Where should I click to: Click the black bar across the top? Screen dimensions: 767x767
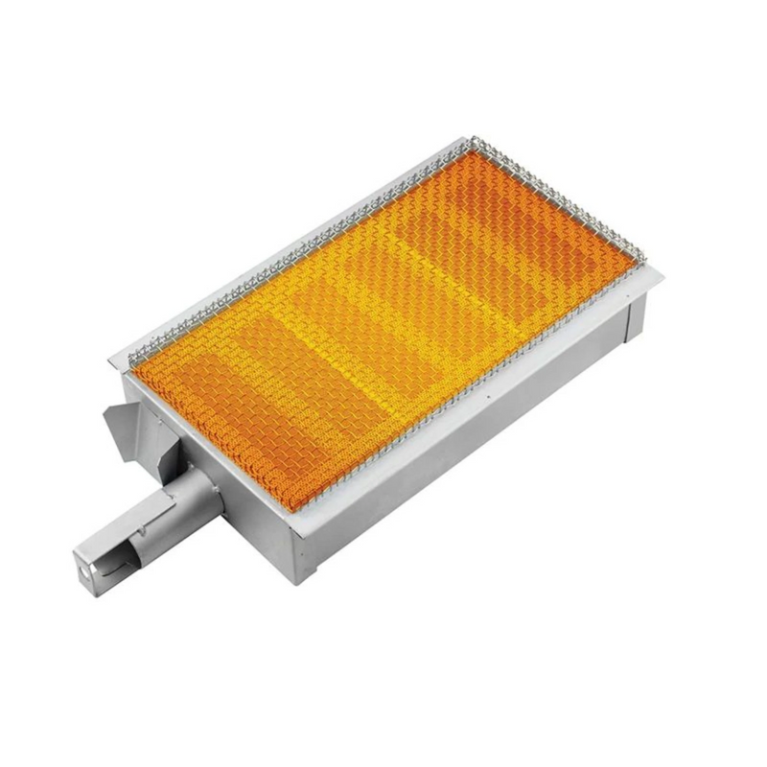pos(383,46)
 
